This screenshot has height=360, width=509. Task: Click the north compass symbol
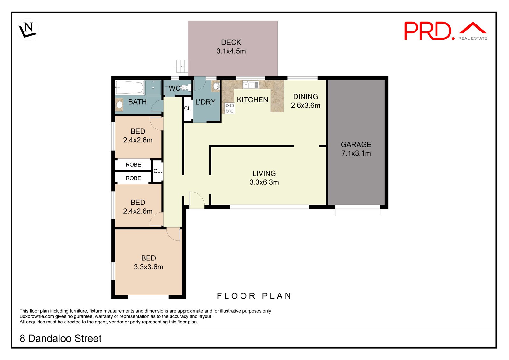(x=28, y=30)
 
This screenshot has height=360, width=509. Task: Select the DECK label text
(x=231, y=43)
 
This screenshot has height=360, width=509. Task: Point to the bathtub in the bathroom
(x=130, y=87)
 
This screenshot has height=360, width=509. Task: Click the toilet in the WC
(x=186, y=87)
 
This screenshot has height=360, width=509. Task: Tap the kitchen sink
(x=251, y=85)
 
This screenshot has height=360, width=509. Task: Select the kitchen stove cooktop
(x=229, y=108)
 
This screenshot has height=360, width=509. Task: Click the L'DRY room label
(x=205, y=102)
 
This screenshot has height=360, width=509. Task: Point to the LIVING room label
(x=264, y=174)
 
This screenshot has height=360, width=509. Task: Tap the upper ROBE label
(x=133, y=165)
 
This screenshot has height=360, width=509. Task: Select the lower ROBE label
(x=133, y=178)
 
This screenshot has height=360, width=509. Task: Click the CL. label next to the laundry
(x=188, y=108)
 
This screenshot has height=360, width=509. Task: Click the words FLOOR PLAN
(x=254, y=296)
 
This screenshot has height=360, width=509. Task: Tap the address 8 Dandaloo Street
(x=60, y=338)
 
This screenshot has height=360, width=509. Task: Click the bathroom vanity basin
(x=119, y=105)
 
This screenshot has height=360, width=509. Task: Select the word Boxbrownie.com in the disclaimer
(x=37, y=316)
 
